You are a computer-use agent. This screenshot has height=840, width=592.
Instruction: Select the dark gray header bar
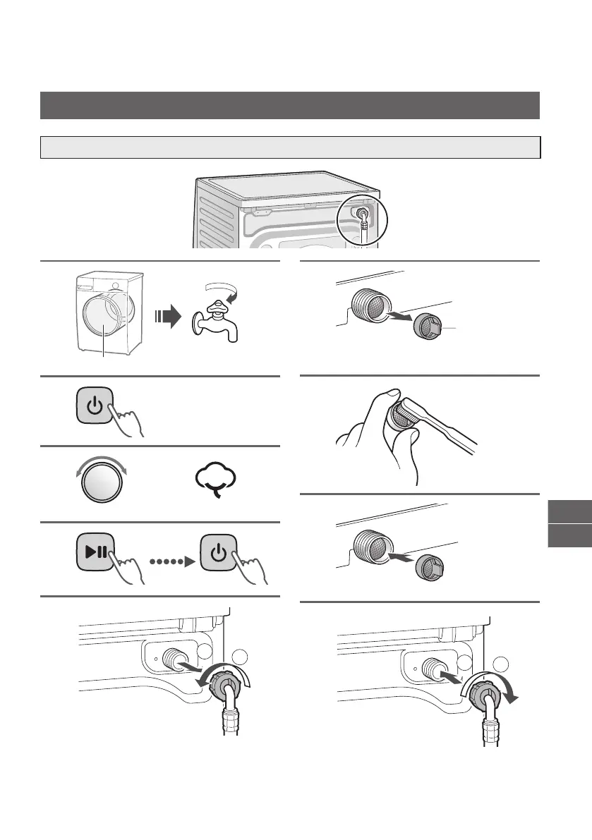tap(290, 105)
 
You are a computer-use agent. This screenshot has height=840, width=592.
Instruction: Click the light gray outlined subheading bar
tap(290, 147)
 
